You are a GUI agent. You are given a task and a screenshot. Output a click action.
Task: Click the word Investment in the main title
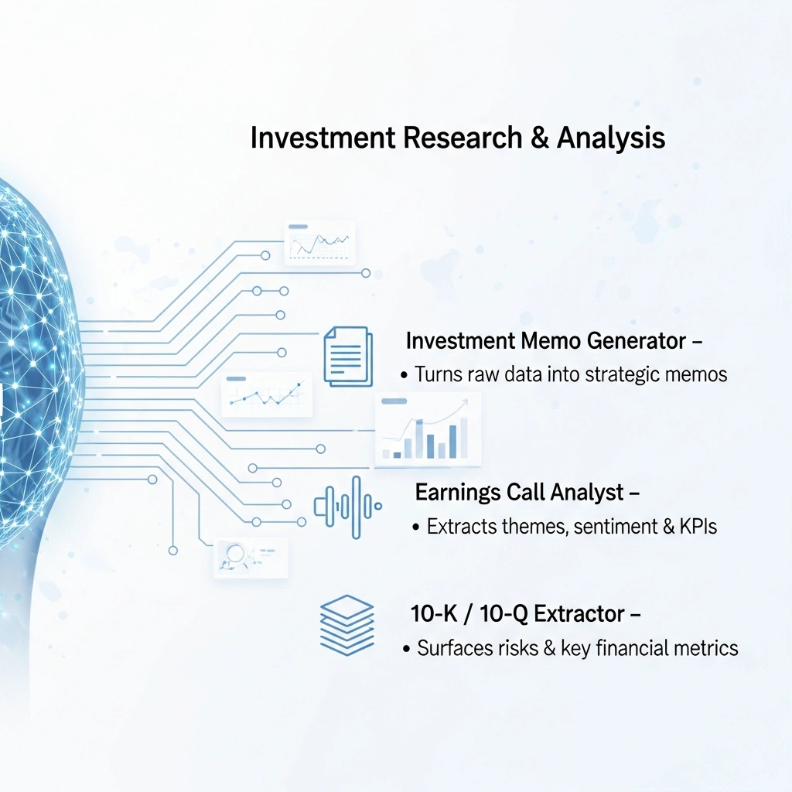pyautogui.click(x=323, y=138)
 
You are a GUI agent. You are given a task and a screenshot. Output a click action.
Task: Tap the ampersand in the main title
pyautogui.click(x=539, y=138)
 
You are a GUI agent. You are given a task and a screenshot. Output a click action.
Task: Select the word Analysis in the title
pyautogui.click(x=611, y=138)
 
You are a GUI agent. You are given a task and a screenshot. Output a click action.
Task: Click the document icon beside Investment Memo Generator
pyautogui.click(x=348, y=357)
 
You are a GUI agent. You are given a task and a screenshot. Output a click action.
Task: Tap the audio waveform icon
pyautogui.click(x=348, y=507)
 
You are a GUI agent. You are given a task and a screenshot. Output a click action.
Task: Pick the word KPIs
pyautogui.click(x=698, y=526)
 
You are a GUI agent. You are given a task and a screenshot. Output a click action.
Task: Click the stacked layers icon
pyautogui.click(x=347, y=625)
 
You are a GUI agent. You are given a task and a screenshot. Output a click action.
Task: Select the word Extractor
pyautogui.click(x=579, y=614)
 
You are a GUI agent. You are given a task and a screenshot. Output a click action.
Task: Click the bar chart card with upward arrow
pyautogui.click(x=427, y=429)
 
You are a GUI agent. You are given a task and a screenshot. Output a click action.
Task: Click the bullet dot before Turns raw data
pyautogui.click(x=404, y=376)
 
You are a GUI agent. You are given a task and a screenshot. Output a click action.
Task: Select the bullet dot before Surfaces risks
pyautogui.click(x=406, y=649)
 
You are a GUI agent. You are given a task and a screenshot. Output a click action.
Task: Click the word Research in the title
pyautogui.click(x=463, y=138)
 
